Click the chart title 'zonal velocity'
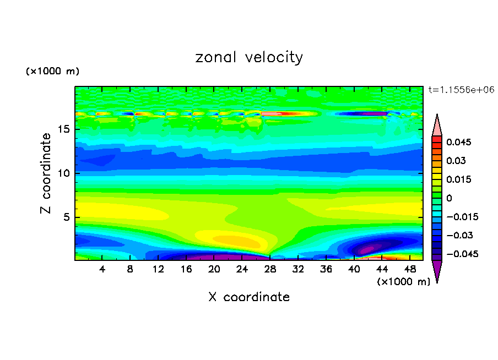click(x=249, y=57)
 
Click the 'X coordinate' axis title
click(x=249, y=297)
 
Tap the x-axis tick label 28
click(x=270, y=270)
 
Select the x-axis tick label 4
click(x=102, y=270)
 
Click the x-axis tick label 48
click(x=409, y=270)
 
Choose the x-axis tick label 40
click(x=354, y=270)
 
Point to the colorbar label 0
click(x=449, y=198)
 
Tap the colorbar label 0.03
click(x=456, y=161)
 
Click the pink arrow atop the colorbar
click(x=437, y=125)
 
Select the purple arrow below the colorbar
click(x=437, y=271)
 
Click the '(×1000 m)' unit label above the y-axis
click(x=52, y=72)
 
